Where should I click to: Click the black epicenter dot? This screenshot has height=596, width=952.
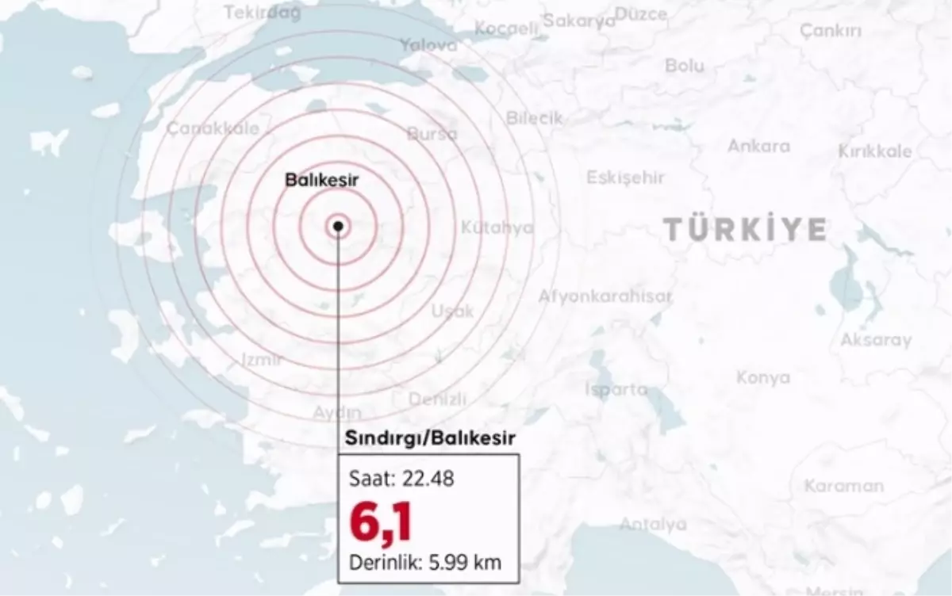pos(339,226)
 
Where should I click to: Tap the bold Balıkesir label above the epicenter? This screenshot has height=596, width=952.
pos(321,181)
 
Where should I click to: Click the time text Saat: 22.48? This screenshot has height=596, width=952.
pos(401,480)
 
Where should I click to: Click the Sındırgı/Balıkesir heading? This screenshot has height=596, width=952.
pos(430,437)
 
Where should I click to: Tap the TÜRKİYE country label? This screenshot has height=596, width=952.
pos(745,230)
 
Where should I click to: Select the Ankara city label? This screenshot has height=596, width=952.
pos(759,146)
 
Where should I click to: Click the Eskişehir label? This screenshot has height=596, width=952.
pos(625,178)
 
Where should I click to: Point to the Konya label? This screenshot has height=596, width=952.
pos(763,377)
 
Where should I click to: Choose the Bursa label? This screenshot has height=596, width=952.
pos(432,134)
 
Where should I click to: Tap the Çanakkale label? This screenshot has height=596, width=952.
pos(202,128)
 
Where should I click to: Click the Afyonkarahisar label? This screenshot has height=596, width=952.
pos(605,296)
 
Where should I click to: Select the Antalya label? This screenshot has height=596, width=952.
pos(653,524)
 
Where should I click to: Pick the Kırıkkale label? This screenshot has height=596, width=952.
pos(875,151)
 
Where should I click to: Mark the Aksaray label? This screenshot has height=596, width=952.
pos(876,340)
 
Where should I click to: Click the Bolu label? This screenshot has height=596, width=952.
pos(685,66)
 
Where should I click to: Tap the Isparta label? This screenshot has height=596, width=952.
pos(616,389)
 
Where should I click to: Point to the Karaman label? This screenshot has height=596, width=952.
pos(843,486)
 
